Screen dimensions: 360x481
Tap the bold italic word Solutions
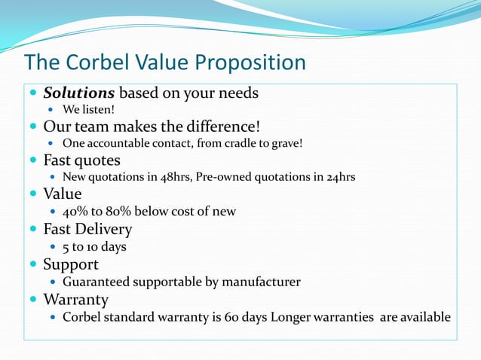click(79, 93)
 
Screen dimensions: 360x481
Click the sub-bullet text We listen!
click(88, 110)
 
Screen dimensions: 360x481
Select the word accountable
click(122, 143)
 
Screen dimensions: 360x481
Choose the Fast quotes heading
click(81, 160)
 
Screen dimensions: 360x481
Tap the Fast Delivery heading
click(87, 229)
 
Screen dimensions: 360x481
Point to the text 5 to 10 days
click(94, 246)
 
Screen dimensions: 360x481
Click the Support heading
click(71, 264)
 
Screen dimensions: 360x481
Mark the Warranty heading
click(75, 299)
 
